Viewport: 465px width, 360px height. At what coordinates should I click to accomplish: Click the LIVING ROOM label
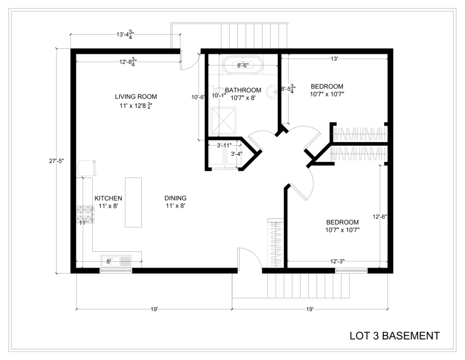[136, 96]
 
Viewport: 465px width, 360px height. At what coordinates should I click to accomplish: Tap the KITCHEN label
[108, 198]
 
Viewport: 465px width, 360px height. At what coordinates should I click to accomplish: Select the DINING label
[176, 198]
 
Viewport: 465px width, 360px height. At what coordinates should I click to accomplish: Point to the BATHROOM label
[243, 90]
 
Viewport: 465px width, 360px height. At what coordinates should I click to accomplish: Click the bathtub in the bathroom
[243, 65]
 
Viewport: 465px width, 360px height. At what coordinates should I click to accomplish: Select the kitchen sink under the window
[116, 261]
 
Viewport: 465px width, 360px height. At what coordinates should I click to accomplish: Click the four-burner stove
[85, 215]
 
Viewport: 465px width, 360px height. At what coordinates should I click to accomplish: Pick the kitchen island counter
[133, 202]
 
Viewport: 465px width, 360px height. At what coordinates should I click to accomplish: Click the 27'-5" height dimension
[57, 161]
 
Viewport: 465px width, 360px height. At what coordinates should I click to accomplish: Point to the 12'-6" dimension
[380, 217]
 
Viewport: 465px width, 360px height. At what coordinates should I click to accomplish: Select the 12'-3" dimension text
[337, 261]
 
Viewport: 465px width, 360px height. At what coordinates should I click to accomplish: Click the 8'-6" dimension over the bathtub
[242, 65]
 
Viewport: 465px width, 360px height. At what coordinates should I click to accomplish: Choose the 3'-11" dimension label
[224, 145]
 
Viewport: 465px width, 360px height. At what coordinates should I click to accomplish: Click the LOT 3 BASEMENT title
[395, 335]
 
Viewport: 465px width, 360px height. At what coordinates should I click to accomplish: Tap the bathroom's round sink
[272, 91]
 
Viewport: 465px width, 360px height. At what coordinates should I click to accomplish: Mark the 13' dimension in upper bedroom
[334, 59]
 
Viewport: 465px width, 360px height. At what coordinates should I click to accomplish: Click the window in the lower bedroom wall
[351, 270]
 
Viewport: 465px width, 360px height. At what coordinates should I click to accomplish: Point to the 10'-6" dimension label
[198, 97]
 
